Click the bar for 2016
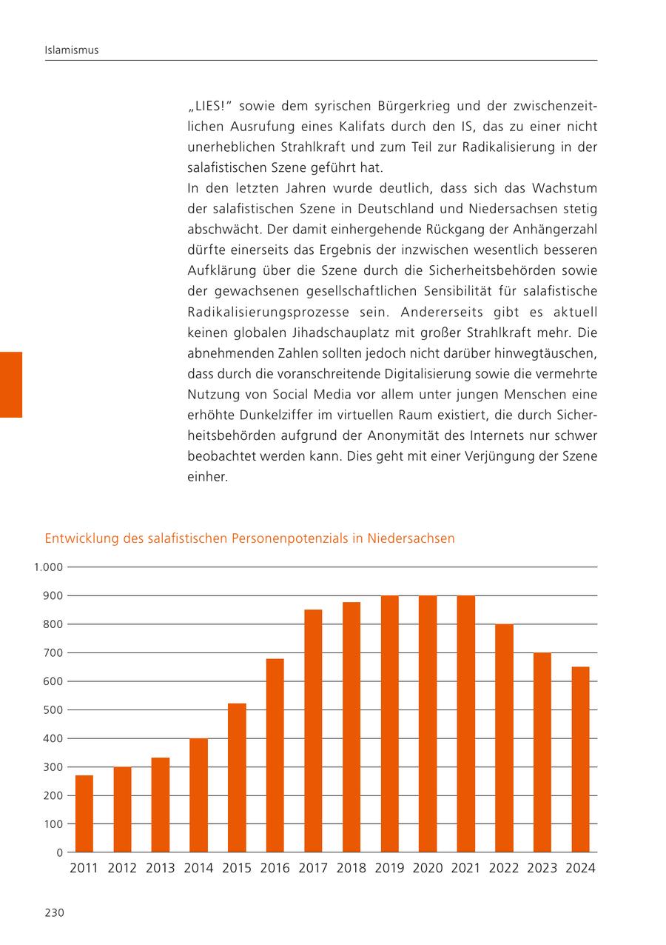tap(275, 755)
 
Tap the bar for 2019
tap(389, 724)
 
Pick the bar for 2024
tap(580, 759)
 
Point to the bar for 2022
tap(504, 738)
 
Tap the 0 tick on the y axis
tap(59, 852)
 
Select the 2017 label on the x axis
tap(313, 868)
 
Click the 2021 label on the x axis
tap(465, 868)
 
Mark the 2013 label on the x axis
tap(161, 868)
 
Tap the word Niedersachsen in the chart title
tap(411, 538)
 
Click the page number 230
tap(55, 912)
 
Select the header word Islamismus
tap(72, 50)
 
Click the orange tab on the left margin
tap(10, 384)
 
